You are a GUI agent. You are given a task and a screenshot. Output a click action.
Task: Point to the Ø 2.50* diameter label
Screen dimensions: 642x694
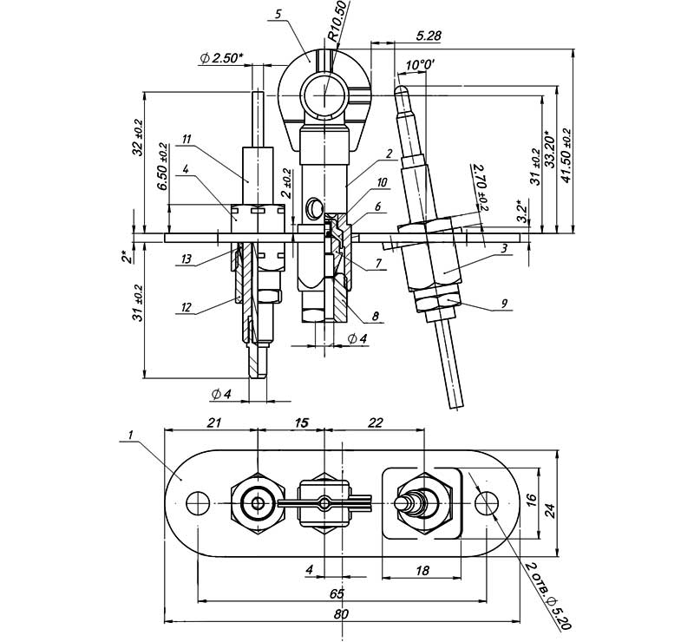coord(221,58)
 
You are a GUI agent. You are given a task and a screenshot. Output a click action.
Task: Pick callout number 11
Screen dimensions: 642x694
coord(186,139)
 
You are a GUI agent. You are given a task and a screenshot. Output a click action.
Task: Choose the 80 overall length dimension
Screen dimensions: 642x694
coord(341,614)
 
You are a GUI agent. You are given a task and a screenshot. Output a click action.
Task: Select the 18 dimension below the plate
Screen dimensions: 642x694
coord(422,571)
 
